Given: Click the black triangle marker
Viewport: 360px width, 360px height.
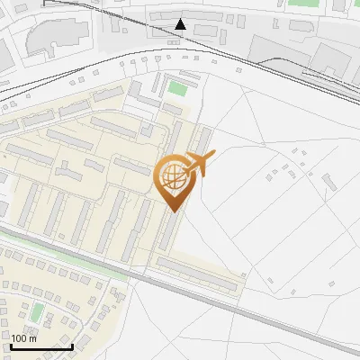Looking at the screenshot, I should coord(181,24).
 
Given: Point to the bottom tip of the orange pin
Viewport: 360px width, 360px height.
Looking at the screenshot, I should coord(172,211).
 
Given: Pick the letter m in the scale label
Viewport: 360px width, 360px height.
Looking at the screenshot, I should coord(33,338).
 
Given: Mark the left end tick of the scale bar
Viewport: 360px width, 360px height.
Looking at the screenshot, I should coord(12,345).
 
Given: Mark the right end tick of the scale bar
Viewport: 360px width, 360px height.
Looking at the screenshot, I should coord(72,345).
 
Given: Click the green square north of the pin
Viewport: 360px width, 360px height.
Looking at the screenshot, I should coord(177,89).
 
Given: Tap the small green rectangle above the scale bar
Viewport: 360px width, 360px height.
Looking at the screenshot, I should coord(38,312).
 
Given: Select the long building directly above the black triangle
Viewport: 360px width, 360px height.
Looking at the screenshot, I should coord(184,15).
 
